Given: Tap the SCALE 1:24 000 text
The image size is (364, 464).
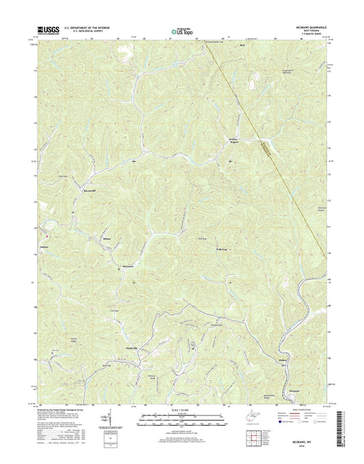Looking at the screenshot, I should (x=181, y=409).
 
